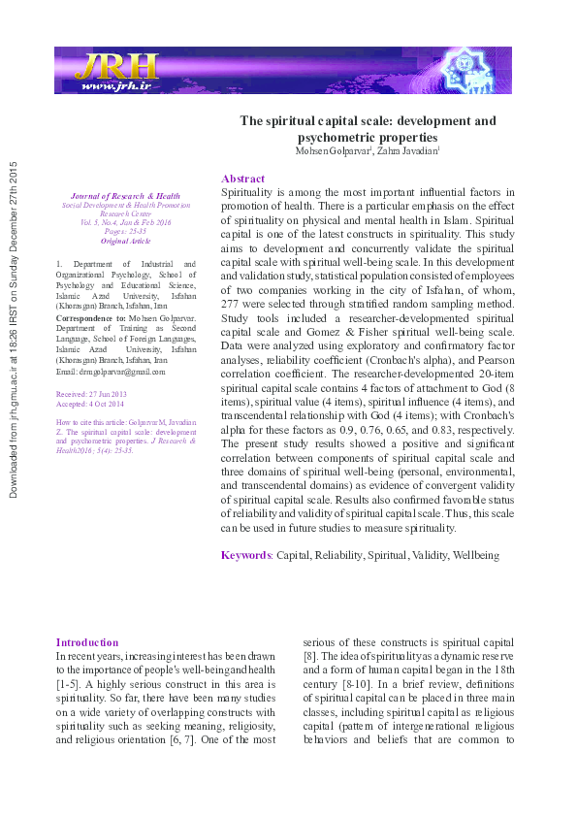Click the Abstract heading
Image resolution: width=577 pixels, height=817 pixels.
click(x=242, y=179)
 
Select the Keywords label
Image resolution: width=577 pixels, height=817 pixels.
click(x=245, y=555)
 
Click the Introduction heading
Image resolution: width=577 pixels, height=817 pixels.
click(x=87, y=642)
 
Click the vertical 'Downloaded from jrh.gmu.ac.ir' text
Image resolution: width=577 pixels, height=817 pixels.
click(x=14, y=330)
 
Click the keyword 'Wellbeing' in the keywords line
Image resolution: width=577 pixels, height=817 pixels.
click(x=472, y=555)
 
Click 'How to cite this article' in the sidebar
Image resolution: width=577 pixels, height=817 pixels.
click(x=97, y=424)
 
